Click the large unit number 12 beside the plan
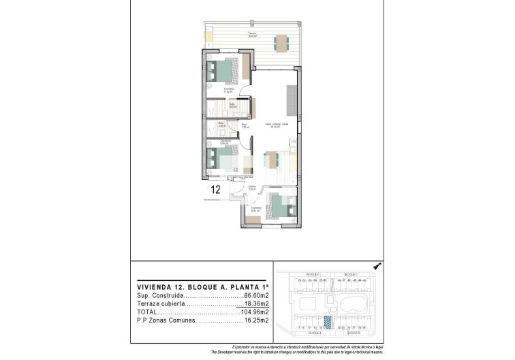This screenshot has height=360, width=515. tap(216, 190)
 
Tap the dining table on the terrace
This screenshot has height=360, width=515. tap(281, 43)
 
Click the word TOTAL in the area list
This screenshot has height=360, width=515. tap(146, 312)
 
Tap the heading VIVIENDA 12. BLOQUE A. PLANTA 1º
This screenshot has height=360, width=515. tap(193, 288)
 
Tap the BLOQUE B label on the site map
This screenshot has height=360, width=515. tap(352, 334)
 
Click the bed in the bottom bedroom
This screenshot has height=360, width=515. tap(279, 205)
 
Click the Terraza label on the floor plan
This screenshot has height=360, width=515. tap(252, 33)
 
